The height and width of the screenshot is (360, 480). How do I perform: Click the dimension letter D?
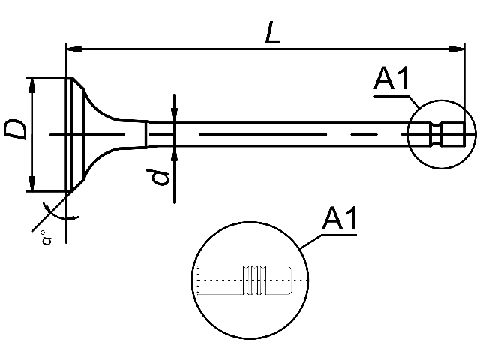pyautogui.click(x=16, y=128)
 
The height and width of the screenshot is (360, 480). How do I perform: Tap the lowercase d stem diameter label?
pyautogui.click(x=157, y=178)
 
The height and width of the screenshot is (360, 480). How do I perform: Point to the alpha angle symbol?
pyautogui.click(x=46, y=240)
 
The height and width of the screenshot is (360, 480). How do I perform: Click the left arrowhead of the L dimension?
pyautogui.click(x=73, y=49)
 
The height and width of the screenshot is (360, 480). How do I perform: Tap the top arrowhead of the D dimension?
pyautogui.click(x=32, y=84)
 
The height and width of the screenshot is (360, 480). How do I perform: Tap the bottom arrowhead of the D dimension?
pyautogui.click(x=32, y=184)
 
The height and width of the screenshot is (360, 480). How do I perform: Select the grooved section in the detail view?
pyautogui.click(x=253, y=280)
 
